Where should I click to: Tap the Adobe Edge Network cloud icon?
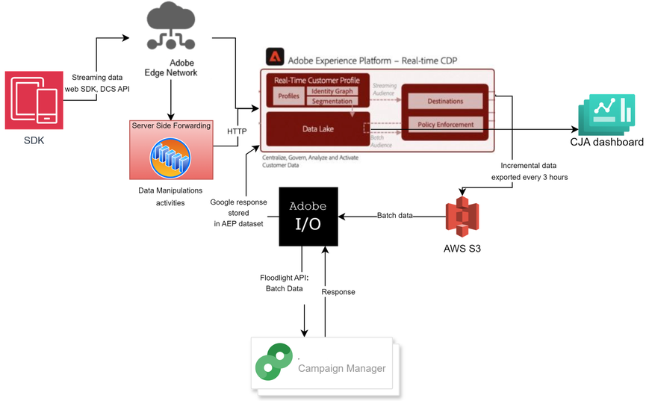(171, 28)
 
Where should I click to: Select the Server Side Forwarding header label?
(171, 125)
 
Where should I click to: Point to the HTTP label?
(236, 131)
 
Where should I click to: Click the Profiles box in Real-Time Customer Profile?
(288, 96)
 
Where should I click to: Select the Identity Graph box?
(332, 91)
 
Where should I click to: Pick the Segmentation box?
(332, 101)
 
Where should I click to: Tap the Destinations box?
(445, 101)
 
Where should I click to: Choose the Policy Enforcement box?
(445, 124)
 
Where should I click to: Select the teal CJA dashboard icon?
(606, 115)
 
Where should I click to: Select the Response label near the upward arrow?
(338, 292)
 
